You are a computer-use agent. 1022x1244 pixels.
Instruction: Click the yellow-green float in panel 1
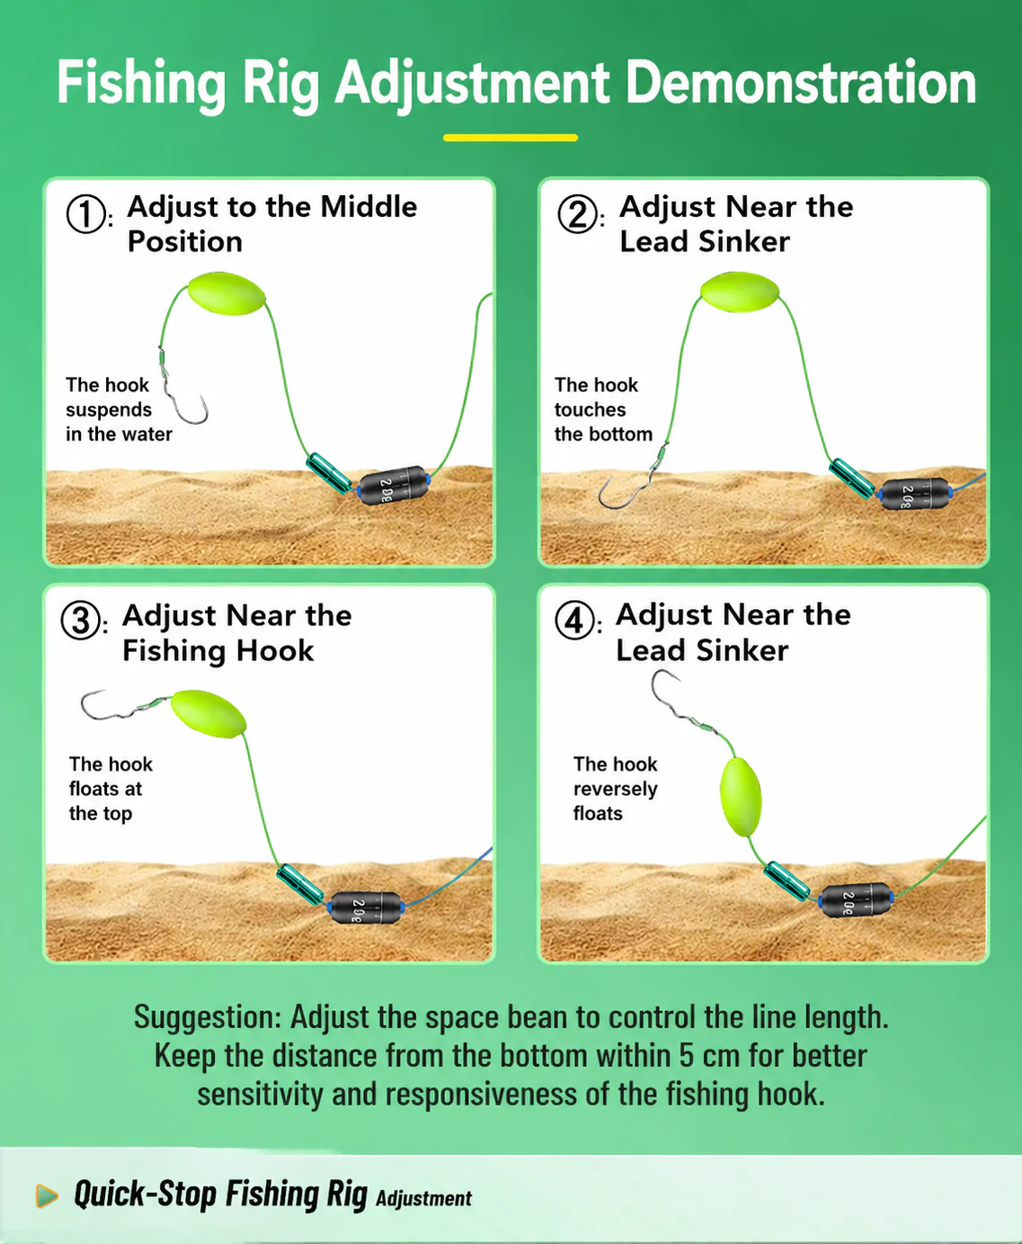coord(227,294)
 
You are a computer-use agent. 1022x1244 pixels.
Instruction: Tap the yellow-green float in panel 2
coord(740,291)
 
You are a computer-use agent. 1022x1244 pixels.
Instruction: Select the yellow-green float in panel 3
coord(208,713)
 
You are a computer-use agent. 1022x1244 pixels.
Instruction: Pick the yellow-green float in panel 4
coord(741,797)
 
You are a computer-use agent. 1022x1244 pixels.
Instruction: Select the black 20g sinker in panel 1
coord(394,486)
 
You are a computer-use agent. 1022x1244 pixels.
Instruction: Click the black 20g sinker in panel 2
coord(915,494)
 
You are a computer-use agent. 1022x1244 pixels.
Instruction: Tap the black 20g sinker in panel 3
coord(366,908)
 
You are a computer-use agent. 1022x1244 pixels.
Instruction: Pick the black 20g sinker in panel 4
coord(856,900)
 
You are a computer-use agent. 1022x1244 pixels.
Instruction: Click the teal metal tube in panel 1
coord(329,473)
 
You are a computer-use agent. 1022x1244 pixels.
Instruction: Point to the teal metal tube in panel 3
coord(300,883)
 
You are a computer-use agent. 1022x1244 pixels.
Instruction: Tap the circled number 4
coord(574,621)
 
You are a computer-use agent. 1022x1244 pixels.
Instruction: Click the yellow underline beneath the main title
coord(511,138)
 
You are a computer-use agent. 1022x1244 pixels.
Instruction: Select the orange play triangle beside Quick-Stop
coord(47,1195)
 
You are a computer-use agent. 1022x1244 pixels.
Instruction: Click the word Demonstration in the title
coord(800,84)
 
